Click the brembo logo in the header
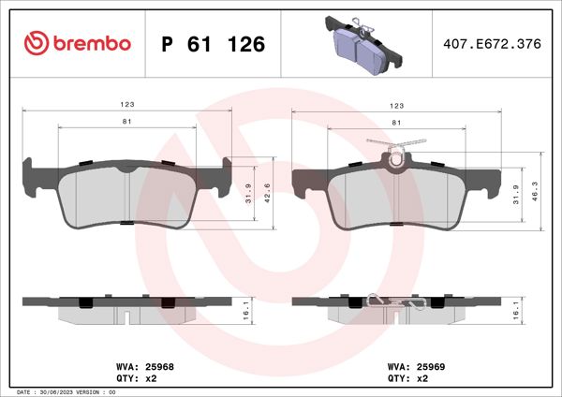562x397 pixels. point(76,43)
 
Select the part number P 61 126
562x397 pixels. point(214,44)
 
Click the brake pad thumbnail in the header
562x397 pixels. point(360,45)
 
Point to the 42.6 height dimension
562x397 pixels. point(267,193)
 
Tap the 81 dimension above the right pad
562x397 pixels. point(396,123)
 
